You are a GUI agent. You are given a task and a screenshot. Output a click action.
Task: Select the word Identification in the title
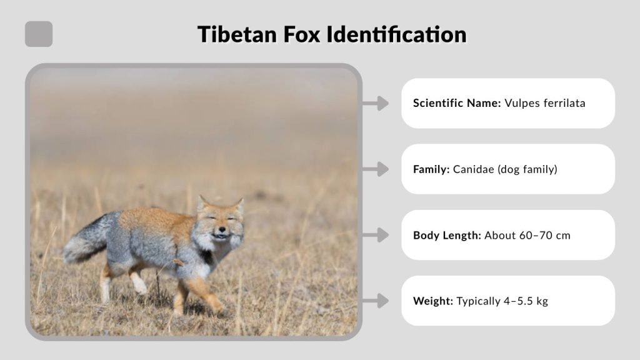coord(397,34)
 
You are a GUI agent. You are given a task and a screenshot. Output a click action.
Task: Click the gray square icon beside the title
coord(39,34)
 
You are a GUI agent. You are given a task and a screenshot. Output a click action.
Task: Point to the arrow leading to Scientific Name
coord(376,103)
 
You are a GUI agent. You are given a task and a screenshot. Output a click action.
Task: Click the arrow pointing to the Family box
coord(376,169)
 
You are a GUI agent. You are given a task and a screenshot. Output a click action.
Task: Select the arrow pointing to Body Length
coord(376,235)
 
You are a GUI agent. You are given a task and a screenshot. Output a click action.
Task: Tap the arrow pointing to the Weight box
coord(376,301)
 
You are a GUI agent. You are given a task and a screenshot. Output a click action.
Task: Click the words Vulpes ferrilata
coord(545,103)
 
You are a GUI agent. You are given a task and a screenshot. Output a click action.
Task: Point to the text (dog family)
coord(527,169)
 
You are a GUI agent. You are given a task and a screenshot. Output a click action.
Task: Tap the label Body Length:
coord(446,236)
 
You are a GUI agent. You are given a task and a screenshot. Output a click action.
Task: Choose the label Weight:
coord(432,301)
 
